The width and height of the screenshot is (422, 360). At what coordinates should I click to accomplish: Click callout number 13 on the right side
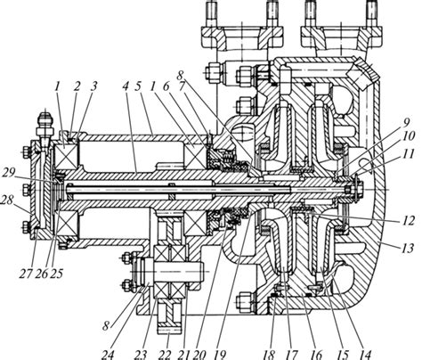point(408,248)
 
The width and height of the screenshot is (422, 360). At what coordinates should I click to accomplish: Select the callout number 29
point(9,173)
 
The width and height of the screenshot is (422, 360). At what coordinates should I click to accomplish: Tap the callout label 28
point(7,200)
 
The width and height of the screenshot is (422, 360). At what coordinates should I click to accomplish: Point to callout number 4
point(126,86)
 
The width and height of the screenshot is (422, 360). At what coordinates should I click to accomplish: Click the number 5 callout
point(138,86)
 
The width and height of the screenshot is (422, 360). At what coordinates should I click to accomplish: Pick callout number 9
point(406,122)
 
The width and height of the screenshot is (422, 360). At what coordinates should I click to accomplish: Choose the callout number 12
point(409,220)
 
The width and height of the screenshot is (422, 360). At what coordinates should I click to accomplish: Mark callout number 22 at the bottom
point(166,354)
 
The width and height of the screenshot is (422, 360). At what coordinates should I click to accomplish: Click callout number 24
point(108,354)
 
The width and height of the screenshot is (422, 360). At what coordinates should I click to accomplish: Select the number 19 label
point(219,354)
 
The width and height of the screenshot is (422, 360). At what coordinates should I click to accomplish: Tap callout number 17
point(291,354)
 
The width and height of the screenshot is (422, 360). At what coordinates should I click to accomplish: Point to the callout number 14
point(365,354)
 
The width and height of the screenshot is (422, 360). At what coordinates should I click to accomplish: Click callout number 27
point(25,274)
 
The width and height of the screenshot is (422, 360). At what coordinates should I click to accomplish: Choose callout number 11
point(408,154)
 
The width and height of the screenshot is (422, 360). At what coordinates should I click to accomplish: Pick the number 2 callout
point(77,86)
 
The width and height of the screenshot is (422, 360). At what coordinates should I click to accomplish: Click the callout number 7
point(182,86)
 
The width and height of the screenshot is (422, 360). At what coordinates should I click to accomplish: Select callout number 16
point(316,354)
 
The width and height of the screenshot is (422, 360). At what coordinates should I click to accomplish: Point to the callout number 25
point(56,274)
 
